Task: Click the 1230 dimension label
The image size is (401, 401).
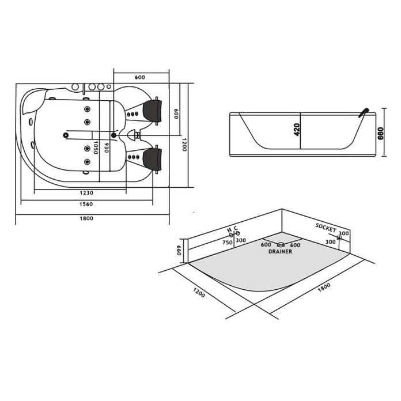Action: coord(86,193)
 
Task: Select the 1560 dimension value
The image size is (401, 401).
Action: coord(86,204)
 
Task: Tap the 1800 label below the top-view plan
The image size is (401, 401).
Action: coord(86,218)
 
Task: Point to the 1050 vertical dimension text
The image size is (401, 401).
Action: coord(96,147)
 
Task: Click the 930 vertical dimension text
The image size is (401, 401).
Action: coord(107,147)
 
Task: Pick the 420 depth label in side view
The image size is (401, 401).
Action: coord(296,130)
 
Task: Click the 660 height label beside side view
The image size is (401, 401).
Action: coord(381,133)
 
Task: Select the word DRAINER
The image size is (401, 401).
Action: coord(280,252)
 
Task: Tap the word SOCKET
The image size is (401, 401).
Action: coord(326,228)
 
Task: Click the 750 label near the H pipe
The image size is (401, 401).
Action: coord(228,243)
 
